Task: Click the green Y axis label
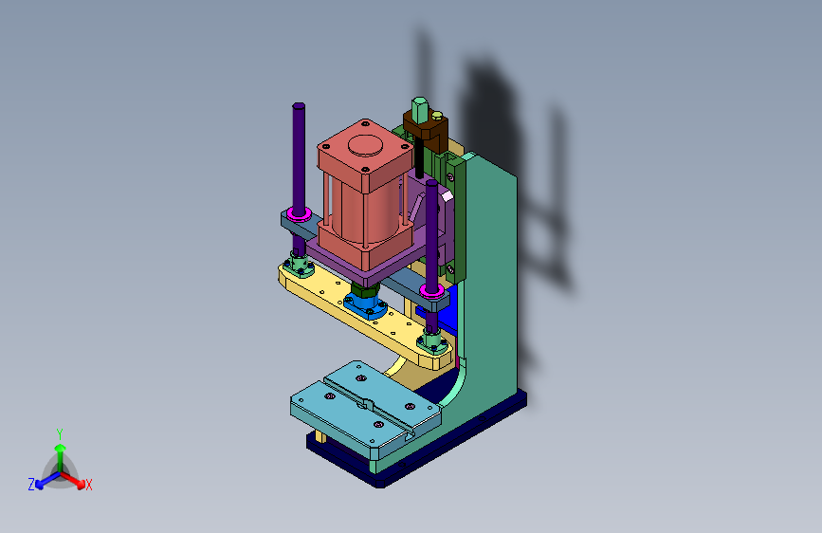point(59,433)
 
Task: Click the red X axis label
point(88,485)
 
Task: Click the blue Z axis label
point(31,485)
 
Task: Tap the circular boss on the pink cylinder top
point(365,145)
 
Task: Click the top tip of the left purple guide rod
point(299,105)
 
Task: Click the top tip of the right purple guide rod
point(431,182)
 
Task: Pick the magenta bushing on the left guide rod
point(299,214)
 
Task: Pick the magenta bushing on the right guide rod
point(432,290)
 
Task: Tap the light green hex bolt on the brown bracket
point(419,109)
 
